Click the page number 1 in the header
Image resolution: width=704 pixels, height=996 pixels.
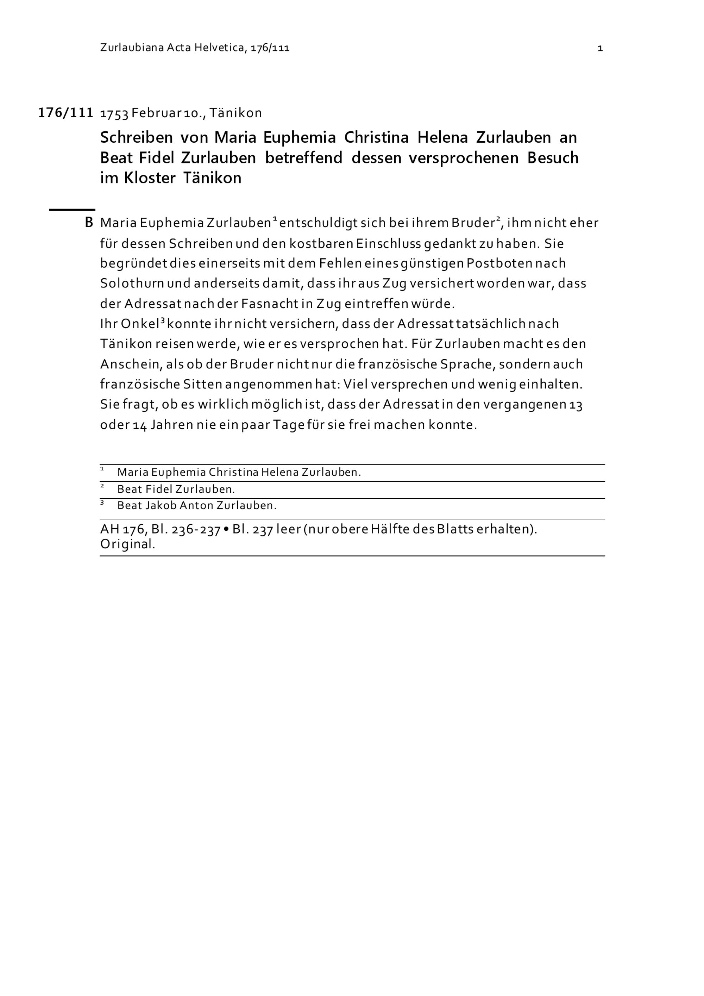click(x=600, y=48)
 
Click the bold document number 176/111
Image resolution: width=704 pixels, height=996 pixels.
click(x=66, y=113)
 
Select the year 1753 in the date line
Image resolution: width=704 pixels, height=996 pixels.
click(x=114, y=114)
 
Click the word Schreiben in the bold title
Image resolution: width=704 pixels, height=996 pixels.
click(x=137, y=137)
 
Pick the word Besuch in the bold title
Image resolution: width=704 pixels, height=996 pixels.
click(x=553, y=158)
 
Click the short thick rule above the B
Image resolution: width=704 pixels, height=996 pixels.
click(x=72, y=210)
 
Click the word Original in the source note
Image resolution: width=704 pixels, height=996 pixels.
click(x=127, y=544)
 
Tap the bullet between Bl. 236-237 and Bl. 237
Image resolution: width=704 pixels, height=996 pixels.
click(x=226, y=530)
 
